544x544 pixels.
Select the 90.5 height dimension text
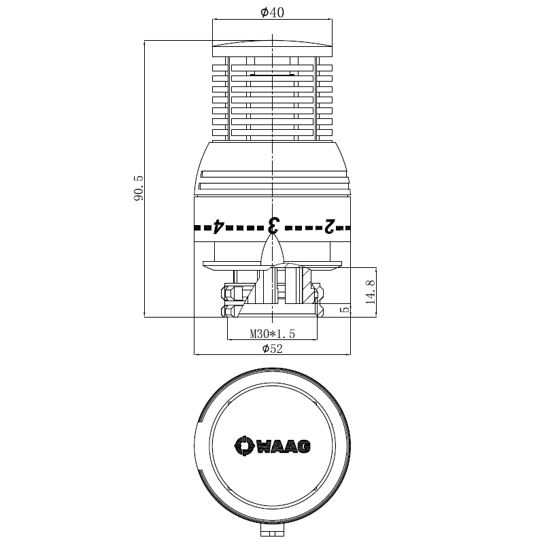pyautogui.click(x=138, y=188)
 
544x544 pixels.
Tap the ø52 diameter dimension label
pyautogui.click(x=273, y=349)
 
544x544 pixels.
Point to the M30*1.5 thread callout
pyautogui.click(x=272, y=334)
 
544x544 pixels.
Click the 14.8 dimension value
pyautogui.click(x=371, y=289)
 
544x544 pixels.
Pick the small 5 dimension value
pyautogui.click(x=345, y=309)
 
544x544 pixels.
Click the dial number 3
pyautogui.click(x=273, y=225)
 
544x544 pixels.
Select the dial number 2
pyautogui.click(x=330, y=226)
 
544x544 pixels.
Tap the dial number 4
pyautogui.click(x=218, y=226)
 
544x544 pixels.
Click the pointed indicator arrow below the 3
pyautogui.click(x=273, y=252)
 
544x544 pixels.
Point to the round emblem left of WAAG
pyautogui.click(x=243, y=445)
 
